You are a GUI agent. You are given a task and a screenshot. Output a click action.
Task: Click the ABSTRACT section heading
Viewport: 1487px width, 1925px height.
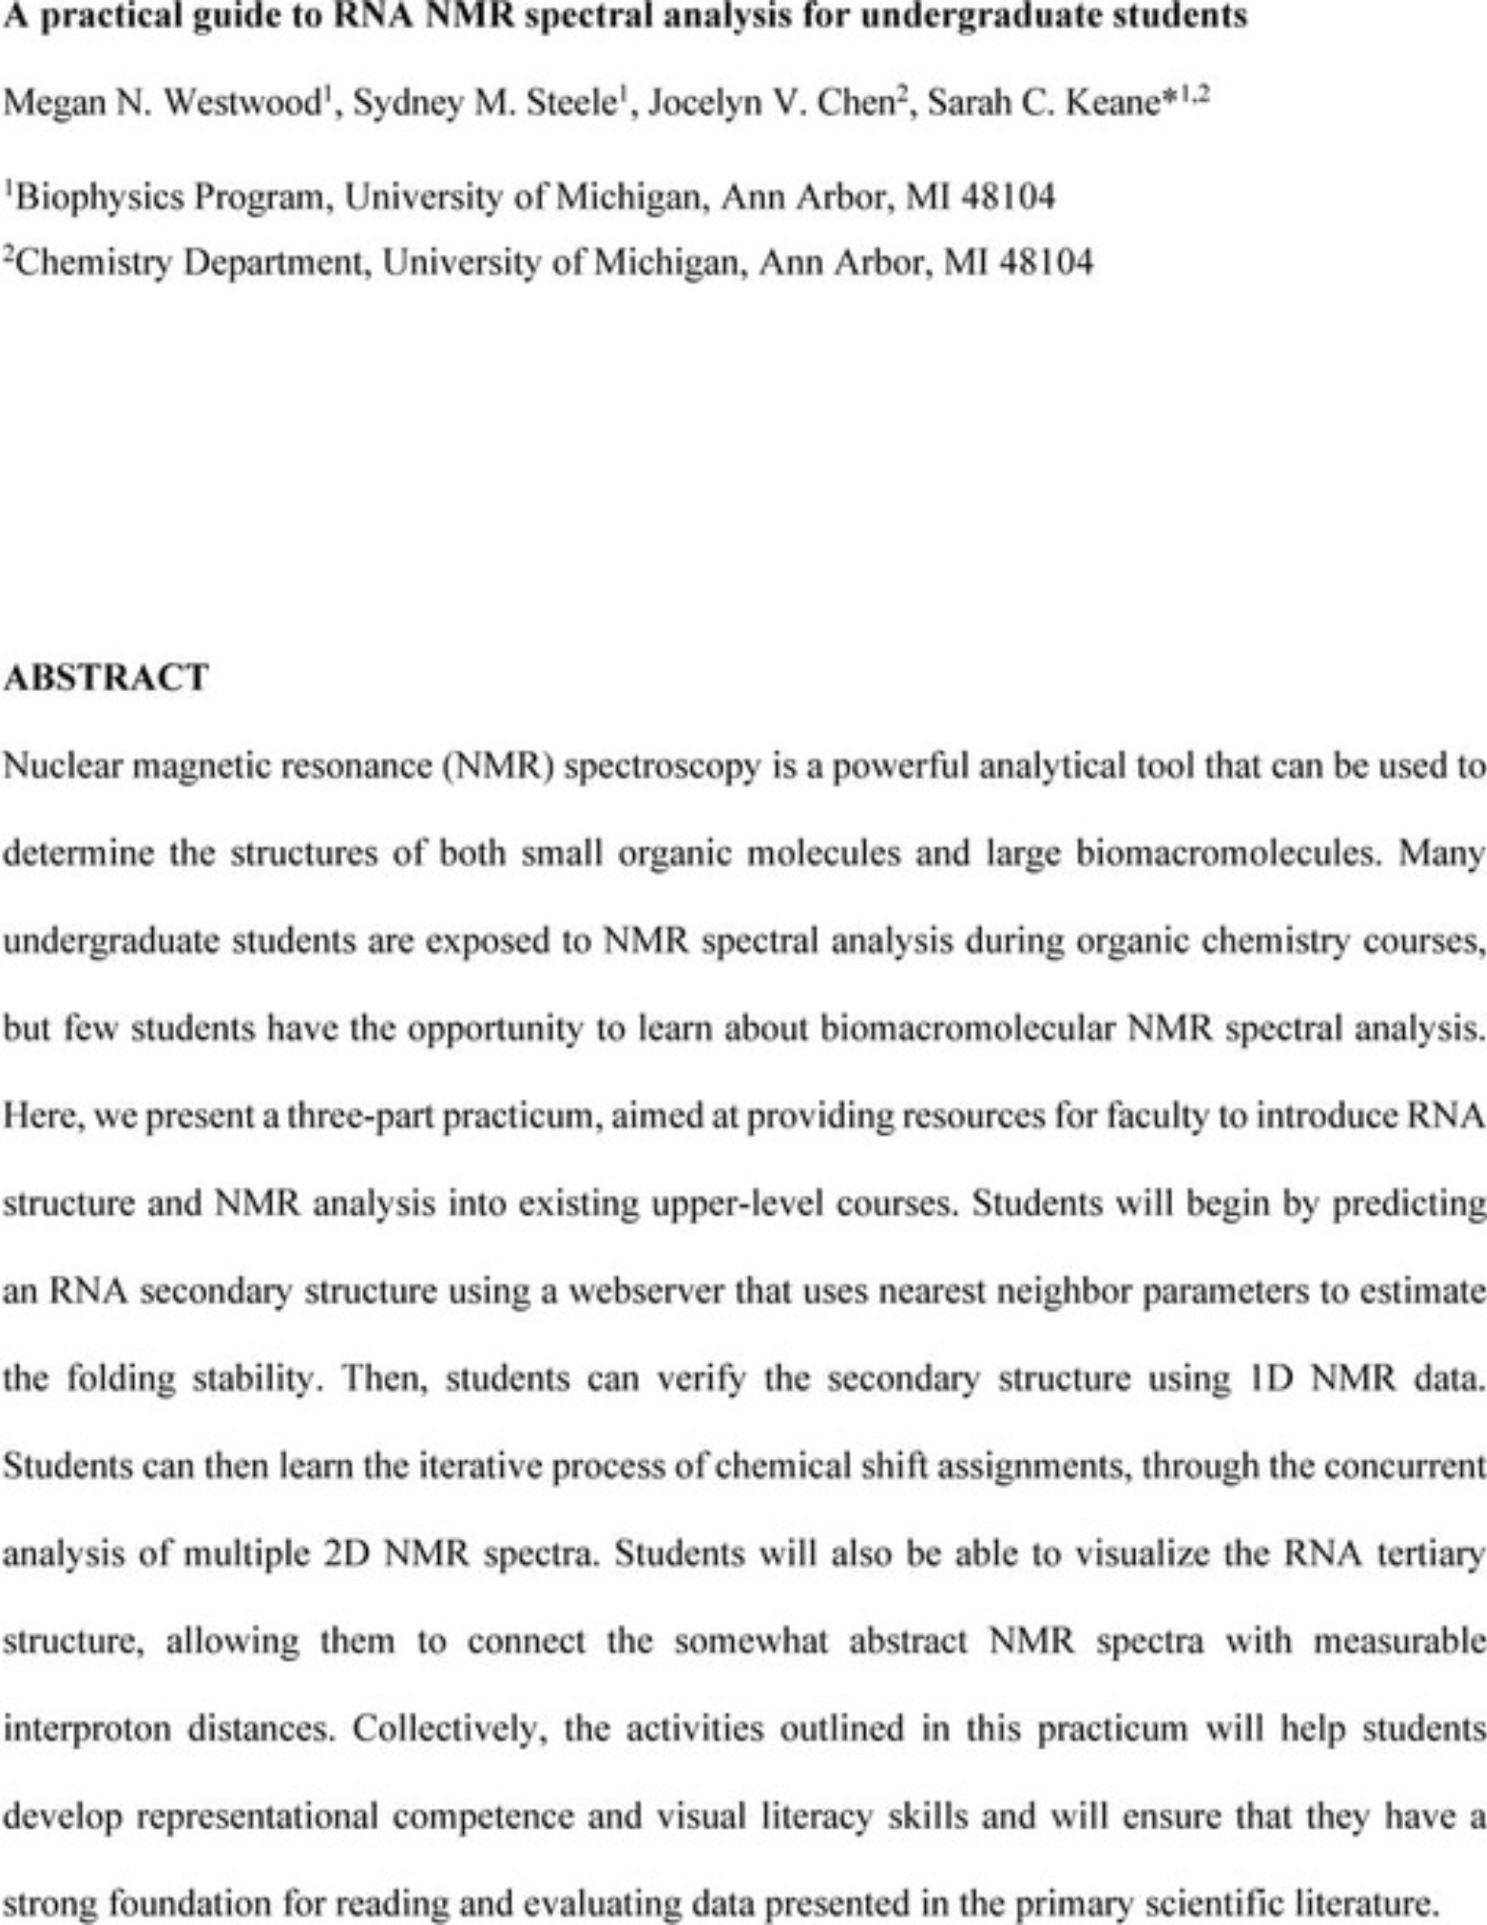point(105,678)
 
